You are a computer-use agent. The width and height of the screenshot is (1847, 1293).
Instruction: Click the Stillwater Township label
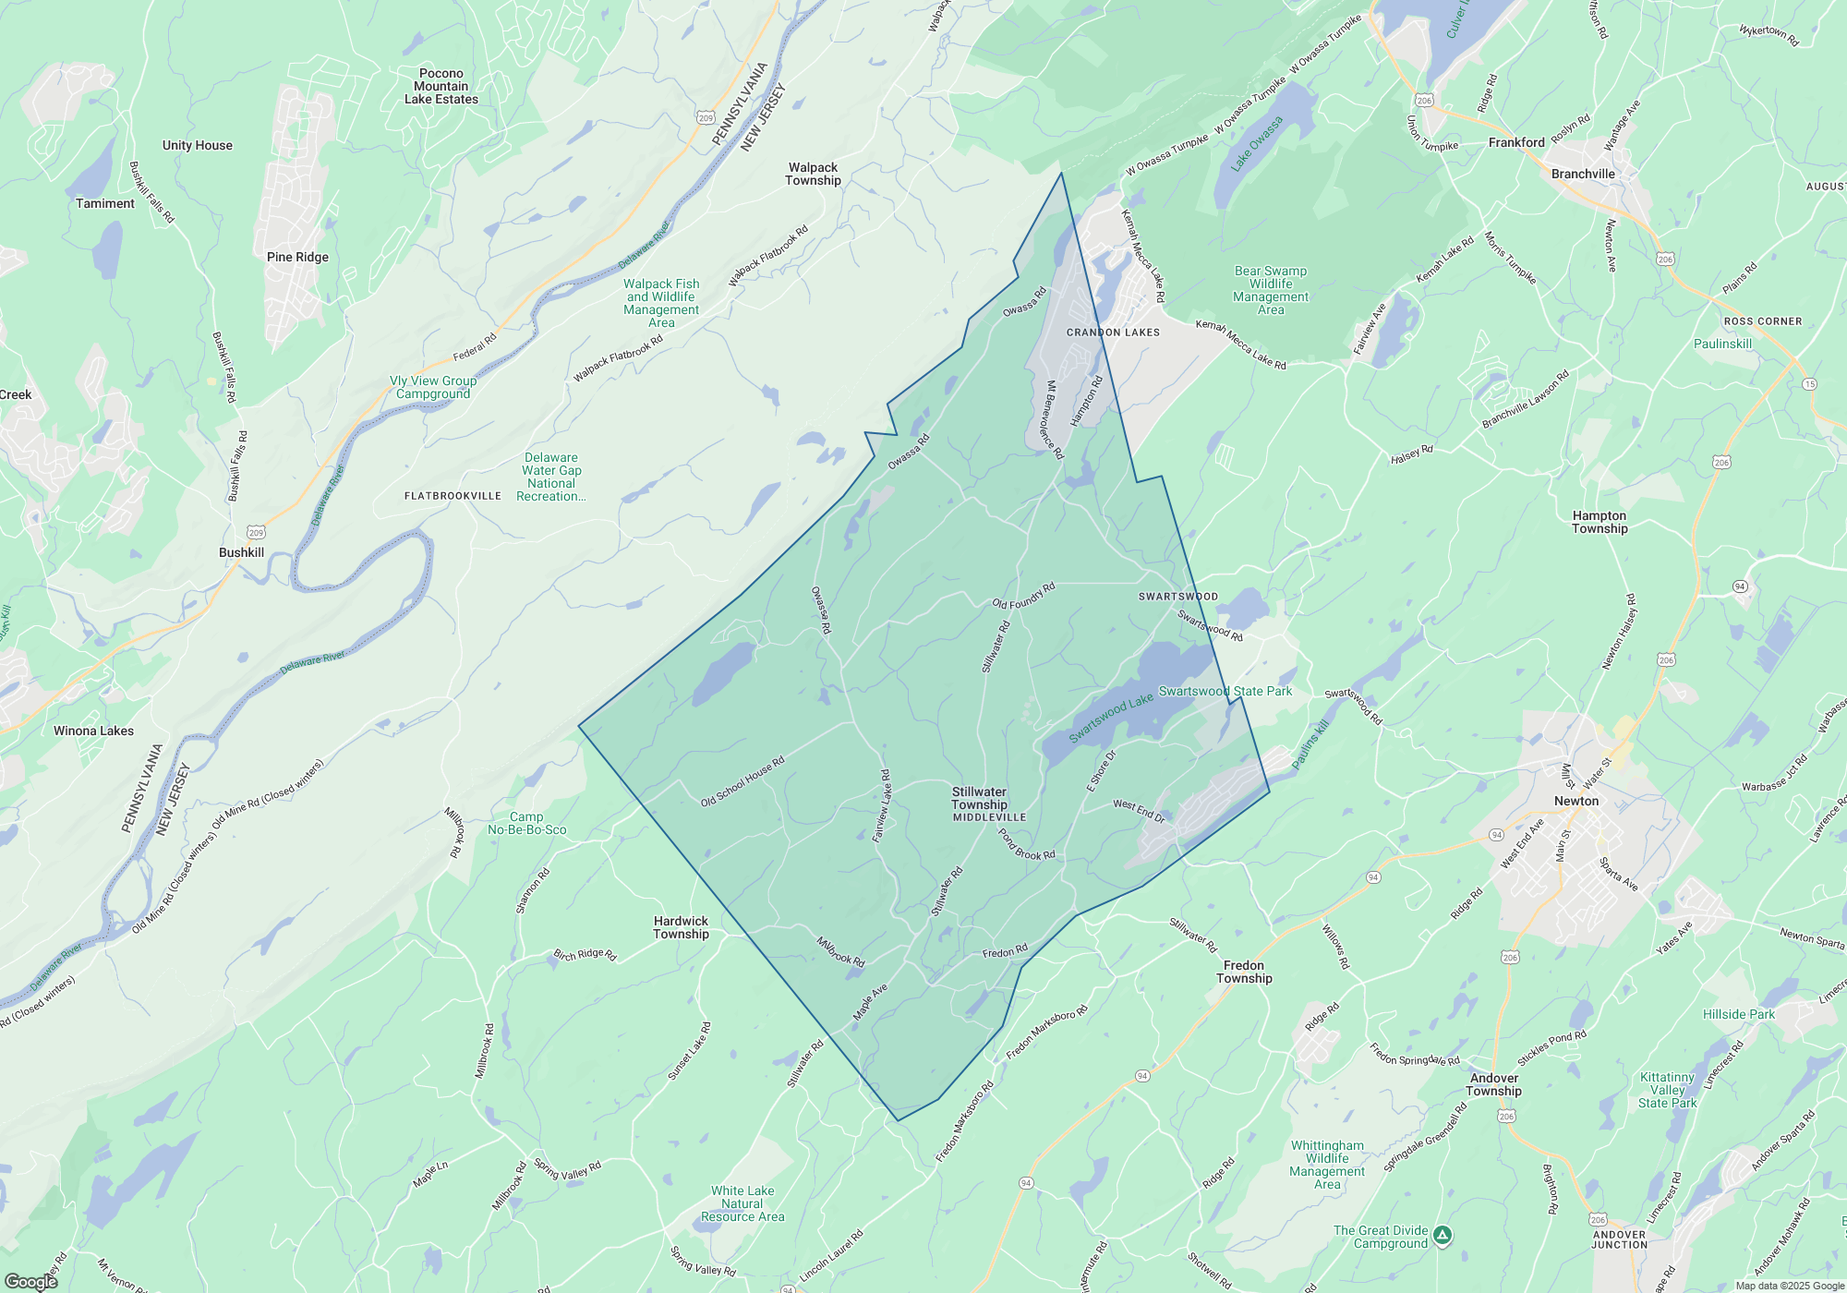tap(979, 798)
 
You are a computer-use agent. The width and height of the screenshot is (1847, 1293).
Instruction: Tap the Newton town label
tap(1575, 801)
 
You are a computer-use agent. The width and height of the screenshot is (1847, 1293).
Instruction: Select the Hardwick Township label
tap(681, 927)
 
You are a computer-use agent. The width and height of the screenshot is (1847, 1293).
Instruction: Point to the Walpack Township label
tap(813, 174)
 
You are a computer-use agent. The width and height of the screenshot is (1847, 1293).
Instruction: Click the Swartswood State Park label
tap(1225, 691)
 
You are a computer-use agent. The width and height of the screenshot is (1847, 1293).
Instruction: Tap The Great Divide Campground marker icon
tap(1443, 1235)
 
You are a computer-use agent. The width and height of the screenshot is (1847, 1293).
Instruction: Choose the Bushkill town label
tap(241, 552)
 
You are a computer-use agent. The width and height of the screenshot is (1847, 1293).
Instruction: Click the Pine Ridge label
tap(297, 257)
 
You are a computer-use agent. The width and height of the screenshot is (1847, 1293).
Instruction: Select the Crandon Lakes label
tap(1113, 332)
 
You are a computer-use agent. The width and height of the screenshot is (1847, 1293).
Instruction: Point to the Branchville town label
tap(1583, 174)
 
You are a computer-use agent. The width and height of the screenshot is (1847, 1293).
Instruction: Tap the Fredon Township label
tap(1244, 972)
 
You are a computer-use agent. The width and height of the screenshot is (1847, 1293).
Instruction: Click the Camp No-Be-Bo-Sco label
tap(526, 823)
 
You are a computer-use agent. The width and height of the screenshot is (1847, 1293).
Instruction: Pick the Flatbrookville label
tap(453, 496)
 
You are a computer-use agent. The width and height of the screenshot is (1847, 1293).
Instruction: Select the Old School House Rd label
tap(742, 781)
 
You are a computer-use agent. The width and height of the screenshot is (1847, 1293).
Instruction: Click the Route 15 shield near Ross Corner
tap(1808, 384)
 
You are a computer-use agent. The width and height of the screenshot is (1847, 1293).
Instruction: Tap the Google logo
tap(30, 1281)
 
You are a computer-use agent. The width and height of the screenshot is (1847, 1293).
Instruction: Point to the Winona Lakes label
tap(93, 731)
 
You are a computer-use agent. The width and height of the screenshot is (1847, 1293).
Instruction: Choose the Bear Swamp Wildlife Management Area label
tap(1271, 290)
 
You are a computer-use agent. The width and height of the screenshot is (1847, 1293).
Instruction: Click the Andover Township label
tap(1493, 1084)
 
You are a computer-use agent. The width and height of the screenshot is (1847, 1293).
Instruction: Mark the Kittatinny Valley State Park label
tap(1667, 1090)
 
